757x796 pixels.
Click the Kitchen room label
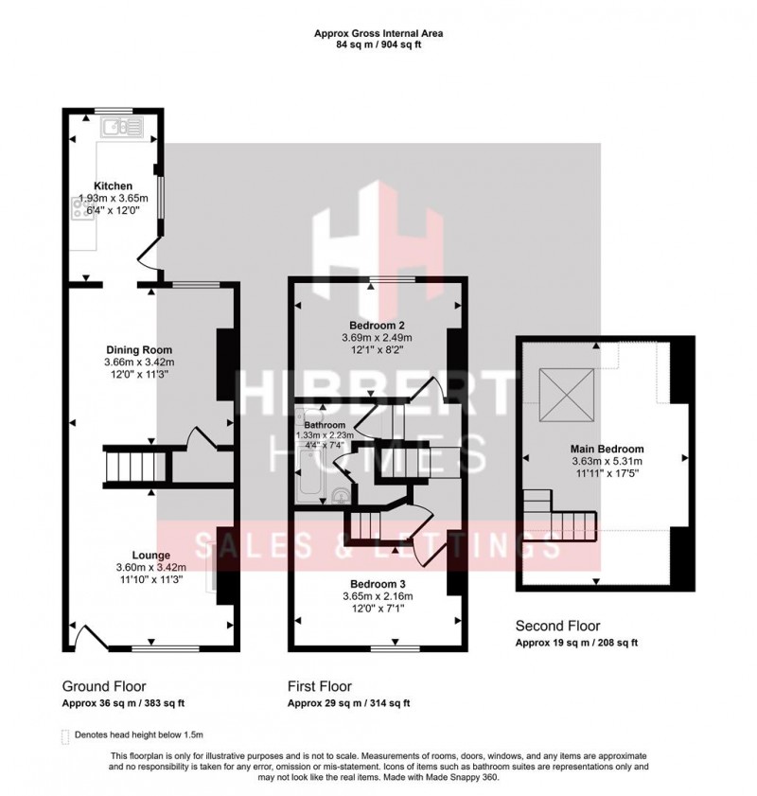112,186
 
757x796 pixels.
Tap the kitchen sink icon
122,127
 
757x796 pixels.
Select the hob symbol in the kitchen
78,209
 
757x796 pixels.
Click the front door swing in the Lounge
88,637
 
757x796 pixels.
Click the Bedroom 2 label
378,324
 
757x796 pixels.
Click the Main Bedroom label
607,449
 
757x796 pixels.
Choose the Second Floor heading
557,627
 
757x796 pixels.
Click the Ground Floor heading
104,686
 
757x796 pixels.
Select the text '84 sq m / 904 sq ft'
378,44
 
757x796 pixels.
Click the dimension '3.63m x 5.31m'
607,461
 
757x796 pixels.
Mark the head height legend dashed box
65,734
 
